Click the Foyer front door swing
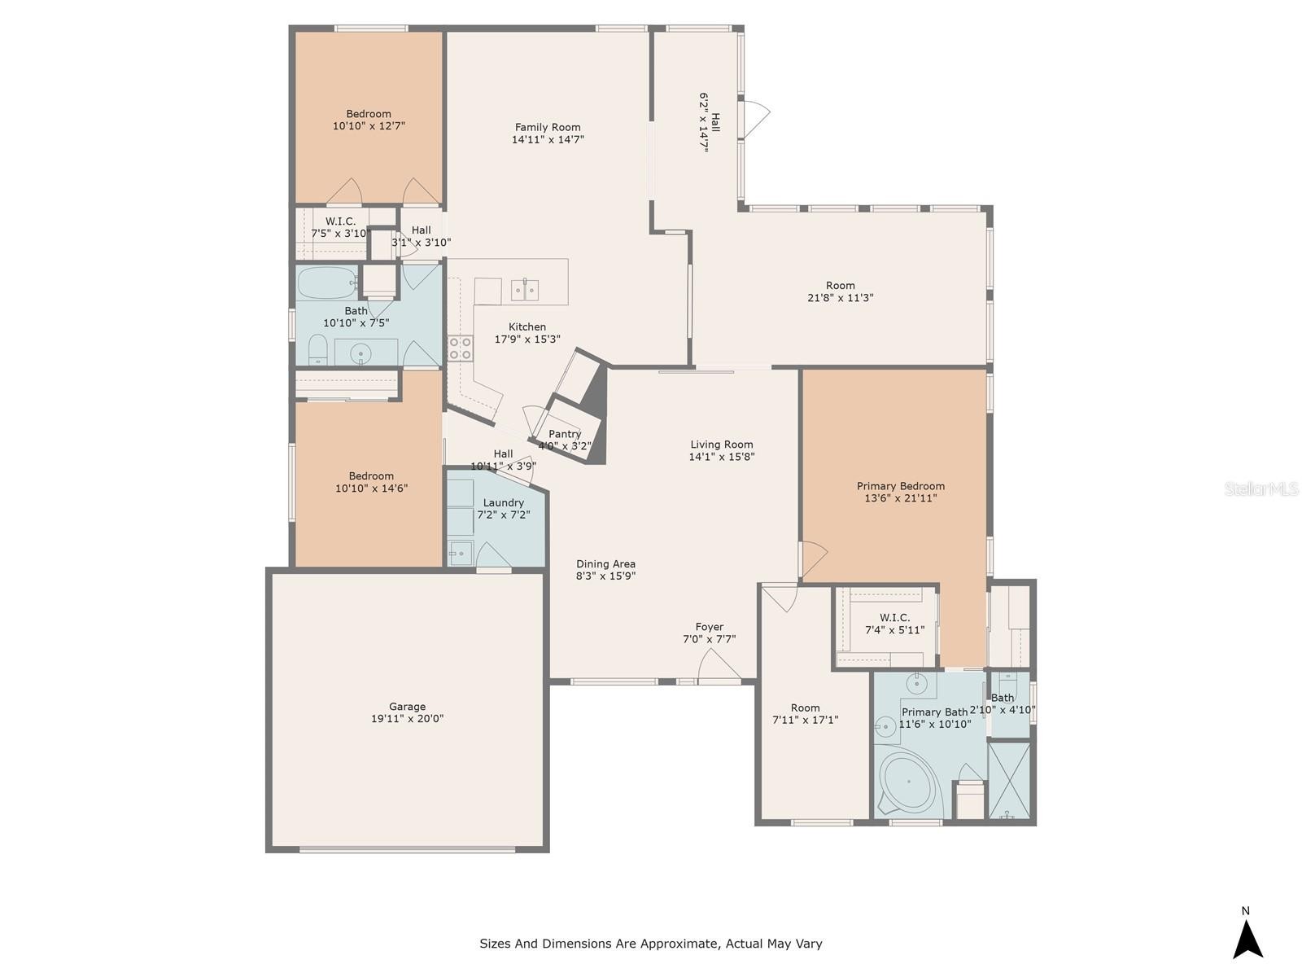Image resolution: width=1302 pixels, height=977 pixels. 719,664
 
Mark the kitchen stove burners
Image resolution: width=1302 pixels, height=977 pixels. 460,348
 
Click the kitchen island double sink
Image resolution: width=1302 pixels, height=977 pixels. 525,290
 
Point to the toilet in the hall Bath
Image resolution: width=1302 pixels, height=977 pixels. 317,349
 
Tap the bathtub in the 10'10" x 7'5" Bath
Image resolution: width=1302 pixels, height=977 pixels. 327,283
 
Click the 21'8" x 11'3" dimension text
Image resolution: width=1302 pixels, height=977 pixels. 840,298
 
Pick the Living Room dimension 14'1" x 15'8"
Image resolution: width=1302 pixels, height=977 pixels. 721,457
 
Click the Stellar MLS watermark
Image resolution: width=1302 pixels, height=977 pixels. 1261,488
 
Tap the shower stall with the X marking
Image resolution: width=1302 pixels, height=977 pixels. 1009,780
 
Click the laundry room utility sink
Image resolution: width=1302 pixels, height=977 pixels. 461,554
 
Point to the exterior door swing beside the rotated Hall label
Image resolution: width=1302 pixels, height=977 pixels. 757,118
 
